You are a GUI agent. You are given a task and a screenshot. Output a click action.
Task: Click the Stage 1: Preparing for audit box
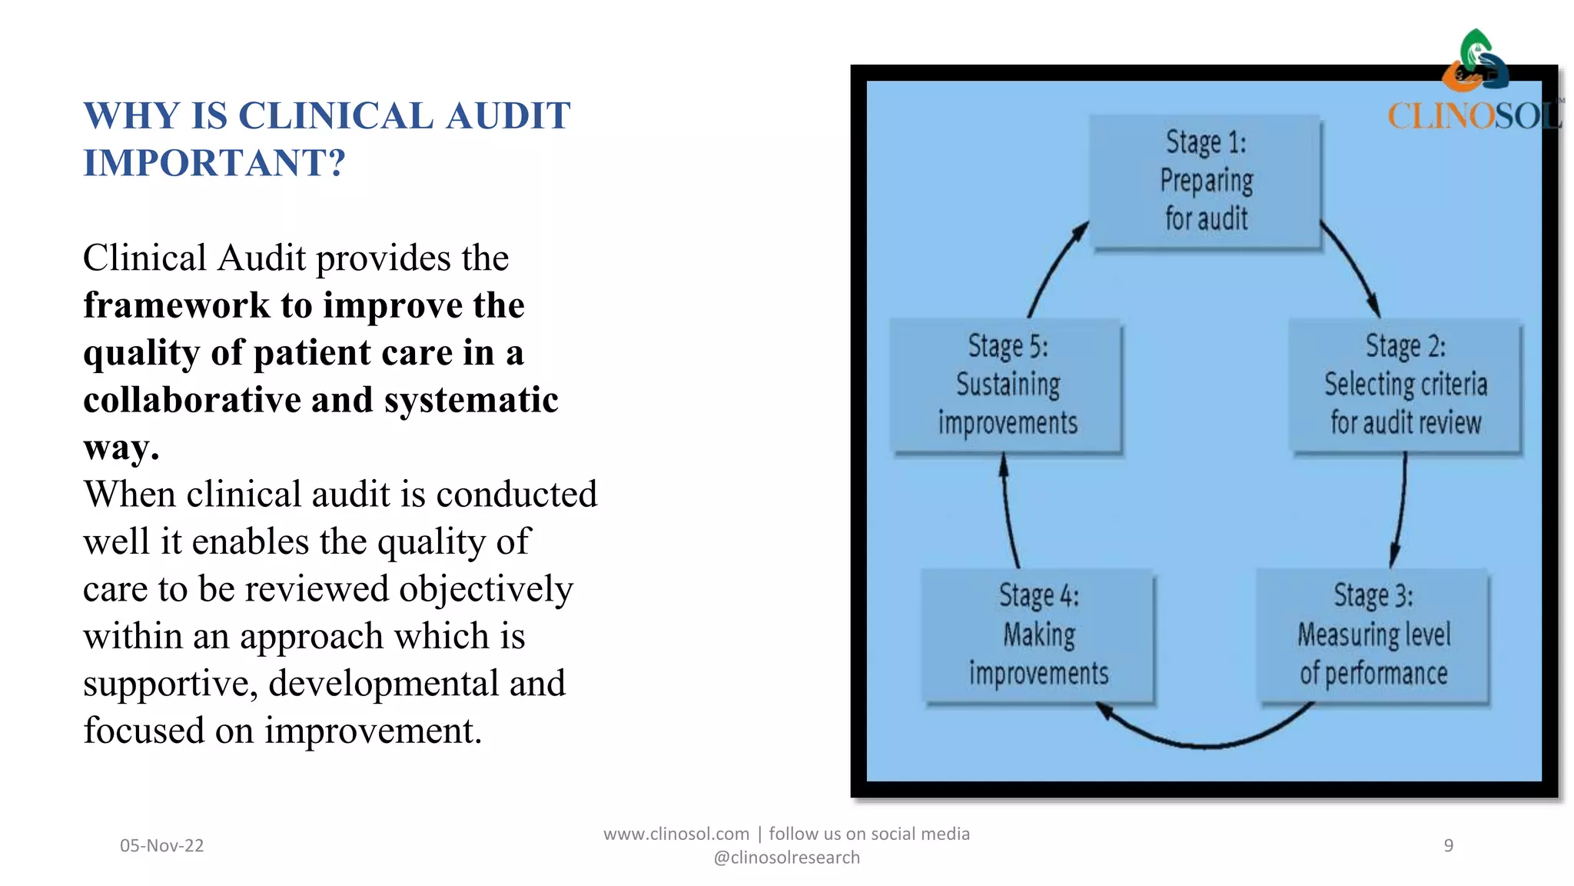1205,182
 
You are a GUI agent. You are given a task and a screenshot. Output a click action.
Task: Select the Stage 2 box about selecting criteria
1405,385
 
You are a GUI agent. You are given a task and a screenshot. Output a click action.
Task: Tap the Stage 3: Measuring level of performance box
1373,635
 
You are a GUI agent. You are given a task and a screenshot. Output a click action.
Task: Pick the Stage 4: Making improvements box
1038,635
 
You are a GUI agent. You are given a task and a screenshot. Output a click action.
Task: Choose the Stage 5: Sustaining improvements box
1007,385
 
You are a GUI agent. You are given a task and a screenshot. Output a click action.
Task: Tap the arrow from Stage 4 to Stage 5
1008,511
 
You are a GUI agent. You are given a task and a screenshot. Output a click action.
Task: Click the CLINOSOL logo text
1473,117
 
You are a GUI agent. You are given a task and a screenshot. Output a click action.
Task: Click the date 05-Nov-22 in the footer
161,846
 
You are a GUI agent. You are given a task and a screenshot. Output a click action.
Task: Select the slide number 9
1448,846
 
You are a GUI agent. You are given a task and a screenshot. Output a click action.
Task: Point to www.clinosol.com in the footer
676,834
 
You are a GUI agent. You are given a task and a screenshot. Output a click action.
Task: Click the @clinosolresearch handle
786,858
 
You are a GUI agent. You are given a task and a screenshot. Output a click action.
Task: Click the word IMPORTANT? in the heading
214,163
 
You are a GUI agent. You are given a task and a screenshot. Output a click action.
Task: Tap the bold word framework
177,305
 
